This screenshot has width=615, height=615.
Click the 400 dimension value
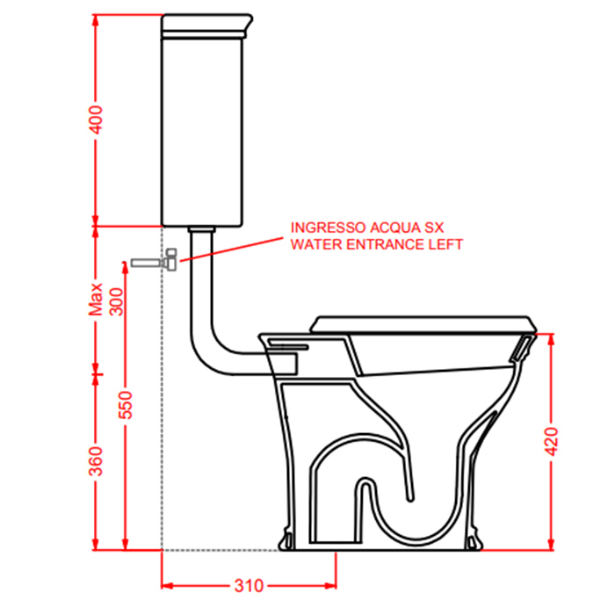(x=96, y=119)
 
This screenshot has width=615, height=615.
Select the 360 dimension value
(x=96, y=461)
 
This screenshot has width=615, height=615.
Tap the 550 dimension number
(x=127, y=405)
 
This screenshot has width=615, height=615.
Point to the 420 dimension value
(x=552, y=442)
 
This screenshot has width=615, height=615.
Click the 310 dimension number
(x=249, y=586)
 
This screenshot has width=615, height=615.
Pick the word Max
(x=95, y=300)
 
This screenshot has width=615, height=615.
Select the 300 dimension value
(x=116, y=301)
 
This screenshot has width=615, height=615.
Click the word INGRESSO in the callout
(x=329, y=228)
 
